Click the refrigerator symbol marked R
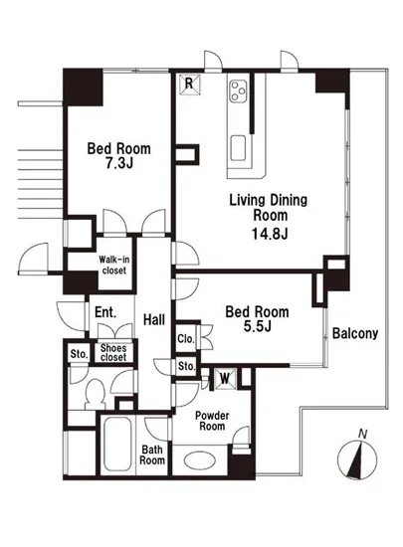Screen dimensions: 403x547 (189, 84)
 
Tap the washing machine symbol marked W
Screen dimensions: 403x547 (225, 378)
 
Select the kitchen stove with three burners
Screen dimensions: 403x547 (239, 91)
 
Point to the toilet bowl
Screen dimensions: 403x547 (95, 394)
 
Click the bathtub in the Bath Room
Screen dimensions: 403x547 (117, 445)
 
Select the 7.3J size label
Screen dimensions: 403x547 (119, 163)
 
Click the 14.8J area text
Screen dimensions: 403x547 (270, 234)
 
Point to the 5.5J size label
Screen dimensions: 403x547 (258, 326)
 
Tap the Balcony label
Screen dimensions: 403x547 (355, 333)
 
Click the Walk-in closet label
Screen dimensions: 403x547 (114, 266)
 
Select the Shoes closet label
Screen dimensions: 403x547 (113, 353)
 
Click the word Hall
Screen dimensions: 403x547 (154, 319)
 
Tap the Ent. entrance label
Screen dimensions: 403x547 (105, 312)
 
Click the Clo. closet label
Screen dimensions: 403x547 (186, 339)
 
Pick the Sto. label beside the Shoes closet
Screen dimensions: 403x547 (79, 354)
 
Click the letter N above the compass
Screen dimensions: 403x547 (363, 435)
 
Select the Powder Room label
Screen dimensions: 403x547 (212, 421)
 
